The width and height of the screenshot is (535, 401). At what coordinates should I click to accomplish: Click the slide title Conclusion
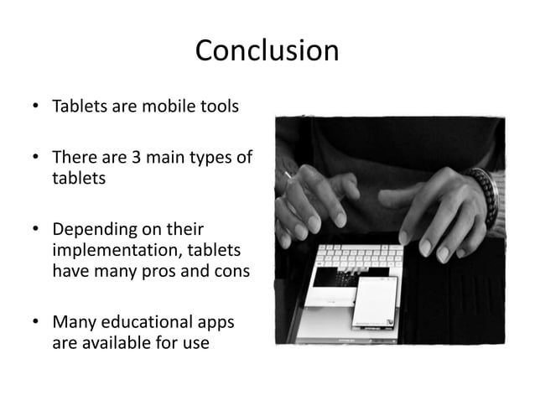tap(267, 52)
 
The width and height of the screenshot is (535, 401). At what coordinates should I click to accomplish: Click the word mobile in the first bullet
tap(155, 108)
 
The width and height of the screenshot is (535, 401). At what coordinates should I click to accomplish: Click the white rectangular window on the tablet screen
tap(374, 301)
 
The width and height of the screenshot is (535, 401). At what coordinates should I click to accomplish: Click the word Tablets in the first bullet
tap(77, 108)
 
